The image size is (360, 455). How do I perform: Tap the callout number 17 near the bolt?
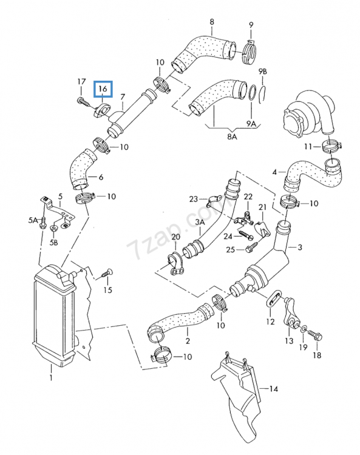pyautogui.click(x=81, y=82)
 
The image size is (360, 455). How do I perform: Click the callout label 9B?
pyautogui.click(x=262, y=72)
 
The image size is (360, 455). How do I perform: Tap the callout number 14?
pyautogui.click(x=273, y=386)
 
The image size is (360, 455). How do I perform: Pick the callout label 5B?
pyautogui.click(x=54, y=243)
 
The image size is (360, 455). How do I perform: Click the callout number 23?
pyautogui.click(x=194, y=198)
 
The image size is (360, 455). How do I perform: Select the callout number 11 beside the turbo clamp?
pyautogui.click(x=308, y=146)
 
